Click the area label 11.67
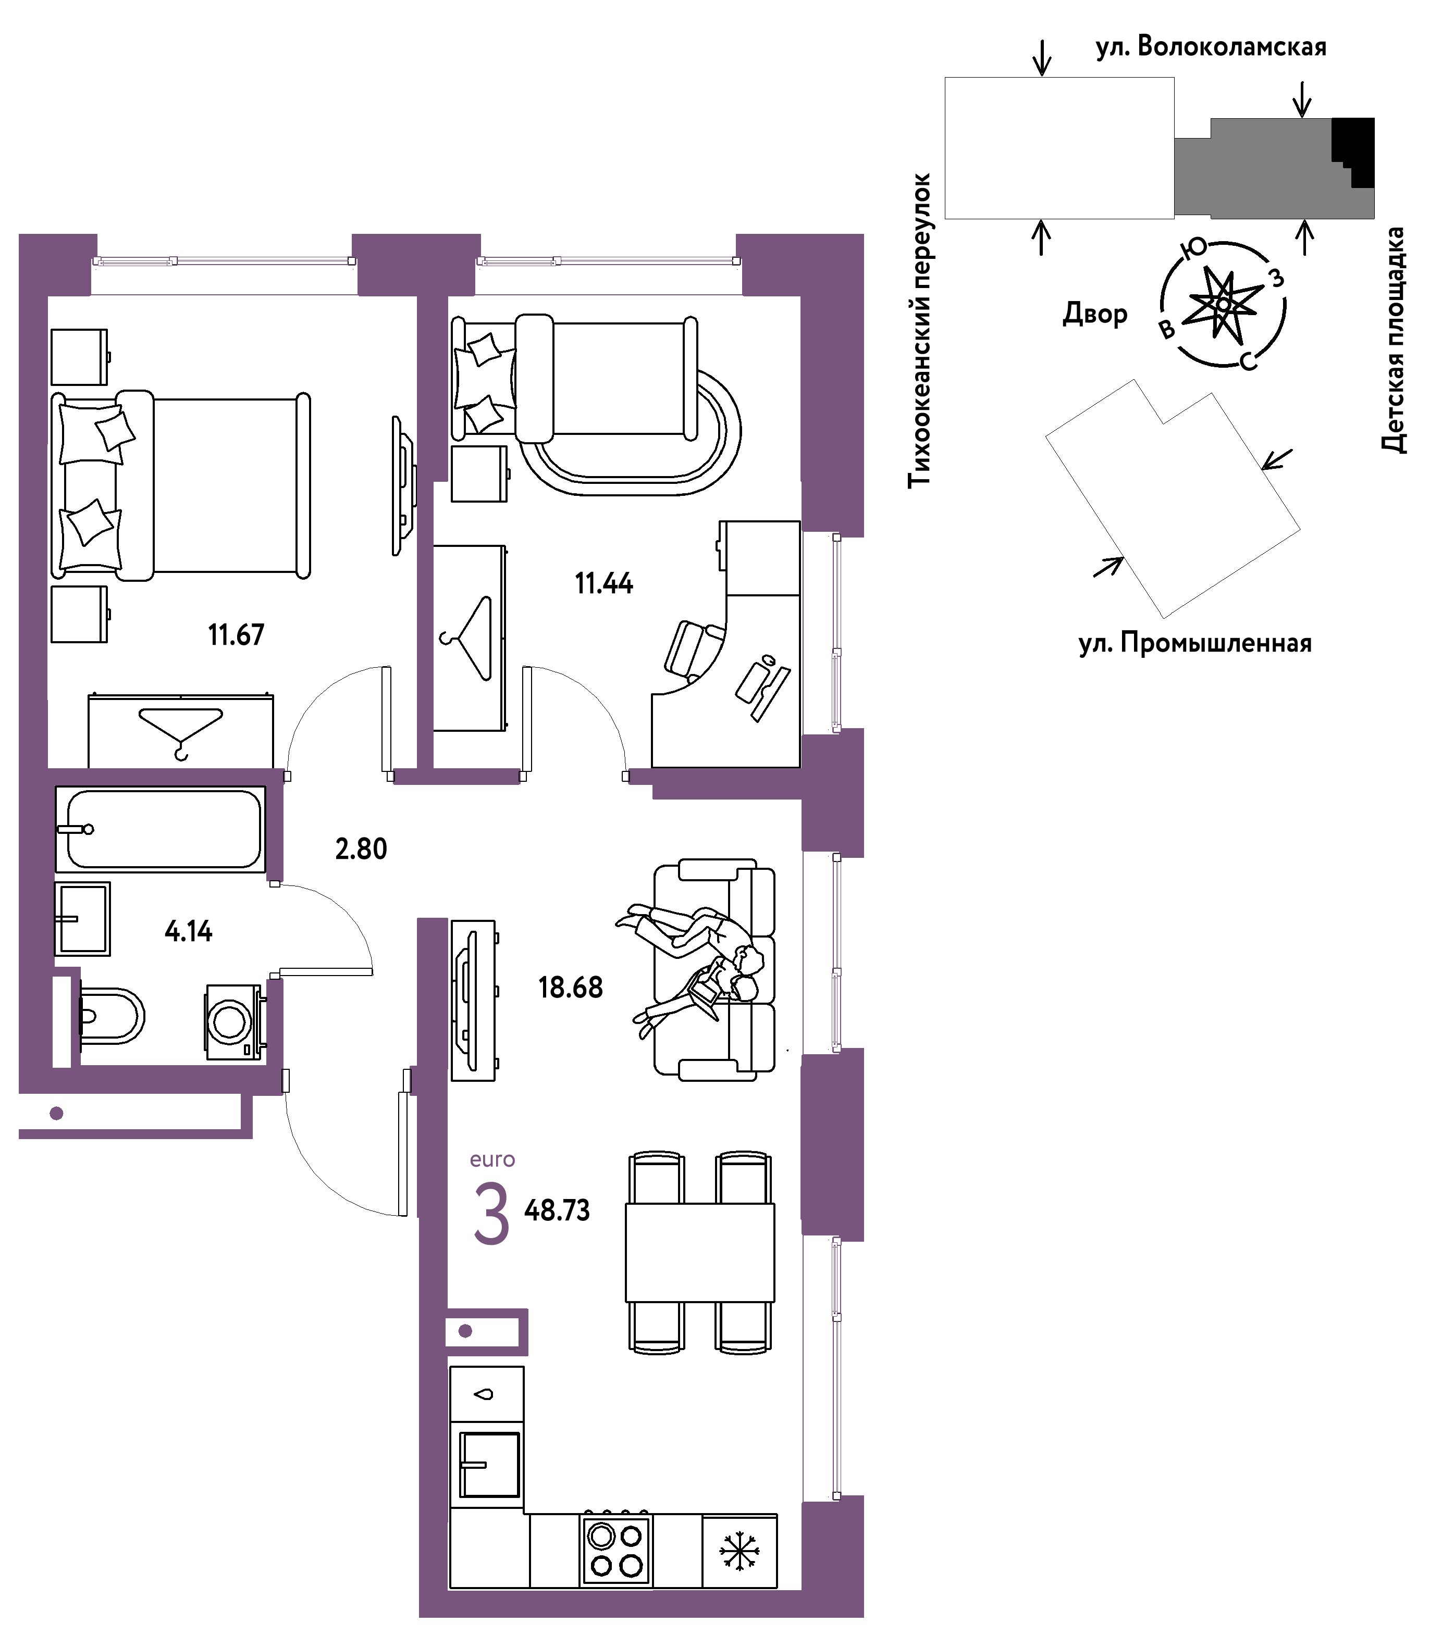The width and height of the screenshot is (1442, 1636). click(x=236, y=635)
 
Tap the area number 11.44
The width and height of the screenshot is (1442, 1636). click(x=603, y=583)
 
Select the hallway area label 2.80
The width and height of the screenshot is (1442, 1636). click(x=361, y=848)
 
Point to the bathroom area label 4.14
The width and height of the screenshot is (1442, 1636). click(x=189, y=931)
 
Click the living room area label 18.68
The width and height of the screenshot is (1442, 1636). click(x=570, y=988)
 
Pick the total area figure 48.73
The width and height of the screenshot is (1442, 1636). click(x=557, y=1210)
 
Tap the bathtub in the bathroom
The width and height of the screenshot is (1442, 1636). click(x=160, y=829)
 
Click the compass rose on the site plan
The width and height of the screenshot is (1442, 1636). click(x=1223, y=304)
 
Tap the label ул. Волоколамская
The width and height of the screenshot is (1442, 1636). click(x=1211, y=46)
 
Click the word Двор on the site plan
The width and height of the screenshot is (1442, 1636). click(x=1094, y=314)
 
